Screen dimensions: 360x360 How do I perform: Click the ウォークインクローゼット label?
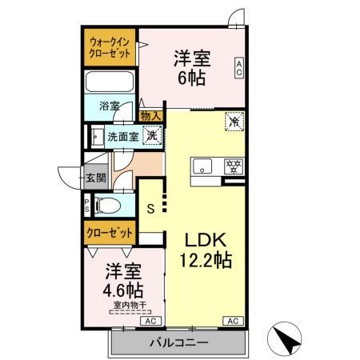click(110, 47)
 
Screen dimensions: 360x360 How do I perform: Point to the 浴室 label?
click(110, 105)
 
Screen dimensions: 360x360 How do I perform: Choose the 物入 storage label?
click(150, 117)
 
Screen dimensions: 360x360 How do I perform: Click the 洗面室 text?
click(123, 136)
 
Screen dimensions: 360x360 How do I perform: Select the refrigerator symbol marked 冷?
click(234, 122)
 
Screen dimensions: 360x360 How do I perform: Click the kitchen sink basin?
click(203, 167)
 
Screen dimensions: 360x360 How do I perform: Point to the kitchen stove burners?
click(234, 167)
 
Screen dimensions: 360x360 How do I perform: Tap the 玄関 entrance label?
click(95, 178)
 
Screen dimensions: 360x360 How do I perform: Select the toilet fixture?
click(107, 206)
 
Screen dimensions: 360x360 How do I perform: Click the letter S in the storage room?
click(150, 210)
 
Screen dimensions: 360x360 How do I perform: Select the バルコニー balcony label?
click(178, 342)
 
